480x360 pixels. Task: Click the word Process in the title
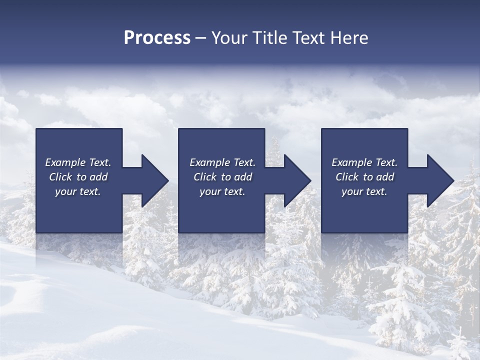157,38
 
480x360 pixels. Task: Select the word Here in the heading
349,38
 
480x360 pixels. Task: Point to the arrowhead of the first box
154,180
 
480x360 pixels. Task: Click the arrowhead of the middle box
297,180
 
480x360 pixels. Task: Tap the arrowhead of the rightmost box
440,180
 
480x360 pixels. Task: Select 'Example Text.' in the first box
78,162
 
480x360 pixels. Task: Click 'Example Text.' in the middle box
222,162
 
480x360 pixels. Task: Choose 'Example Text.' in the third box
364,162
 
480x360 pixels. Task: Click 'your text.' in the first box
78,191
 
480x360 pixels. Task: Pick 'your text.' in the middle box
222,191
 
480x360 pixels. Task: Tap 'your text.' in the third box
364,191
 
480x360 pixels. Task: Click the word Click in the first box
60,177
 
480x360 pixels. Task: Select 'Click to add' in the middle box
222,177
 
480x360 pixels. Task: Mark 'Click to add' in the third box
364,177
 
